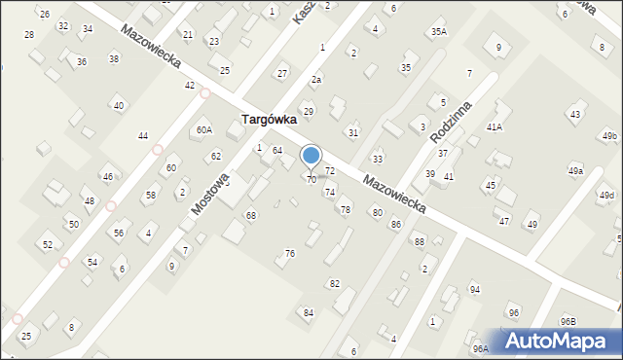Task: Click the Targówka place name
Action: pos(272,121)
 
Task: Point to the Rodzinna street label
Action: pos(455,124)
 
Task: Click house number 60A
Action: pos(203,129)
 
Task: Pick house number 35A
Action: pos(439,32)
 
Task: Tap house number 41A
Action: pos(495,127)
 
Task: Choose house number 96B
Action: pos(568,321)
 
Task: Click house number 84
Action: pos(309,312)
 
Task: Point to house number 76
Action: pos(289,253)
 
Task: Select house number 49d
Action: pos(606,196)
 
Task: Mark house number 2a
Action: pos(316,79)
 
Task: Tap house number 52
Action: pos(48,244)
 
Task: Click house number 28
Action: pos(29,34)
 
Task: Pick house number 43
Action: pos(575,115)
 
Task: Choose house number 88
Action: pos(420,241)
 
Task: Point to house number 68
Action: pos(251,215)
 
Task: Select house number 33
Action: pos(378,159)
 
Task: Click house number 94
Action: pos(475,290)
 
